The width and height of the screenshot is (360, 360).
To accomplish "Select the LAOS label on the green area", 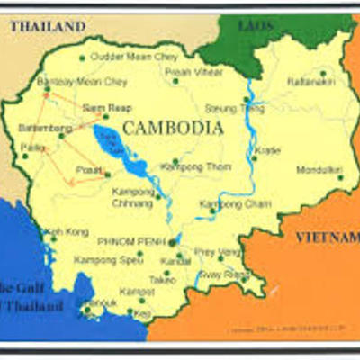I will pos(255,25).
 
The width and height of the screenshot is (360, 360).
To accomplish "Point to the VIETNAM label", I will pos(327,237).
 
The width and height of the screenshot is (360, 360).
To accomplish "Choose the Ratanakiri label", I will pos(310,82).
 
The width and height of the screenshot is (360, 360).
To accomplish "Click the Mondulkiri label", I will pos(319,168).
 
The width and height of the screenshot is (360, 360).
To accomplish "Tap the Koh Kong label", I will pos(67,231).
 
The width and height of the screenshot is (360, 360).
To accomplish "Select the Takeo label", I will pos(163,280).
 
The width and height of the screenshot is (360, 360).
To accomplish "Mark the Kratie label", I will pos(267,149).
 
